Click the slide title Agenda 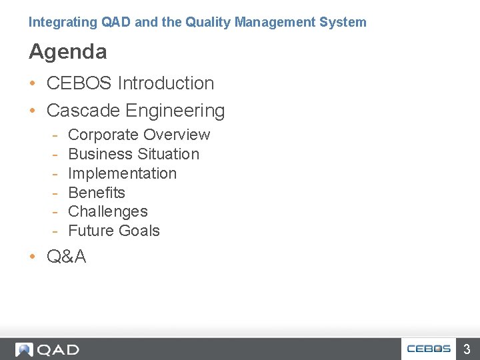(67, 51)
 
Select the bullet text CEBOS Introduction (130, 83)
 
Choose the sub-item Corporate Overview (139, 135)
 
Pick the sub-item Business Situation (133, 154)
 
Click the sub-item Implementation (122, 173)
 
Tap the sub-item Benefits (97, 193)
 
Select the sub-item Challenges (108, 211)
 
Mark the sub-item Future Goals (114, 231)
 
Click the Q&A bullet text (66, 257)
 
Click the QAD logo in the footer (47, 349)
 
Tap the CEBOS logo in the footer (429, 349)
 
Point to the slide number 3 (467, 349)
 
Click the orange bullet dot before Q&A (33, 257)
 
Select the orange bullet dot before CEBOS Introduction (33, 84)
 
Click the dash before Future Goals (57, 231)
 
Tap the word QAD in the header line (115, 22)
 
